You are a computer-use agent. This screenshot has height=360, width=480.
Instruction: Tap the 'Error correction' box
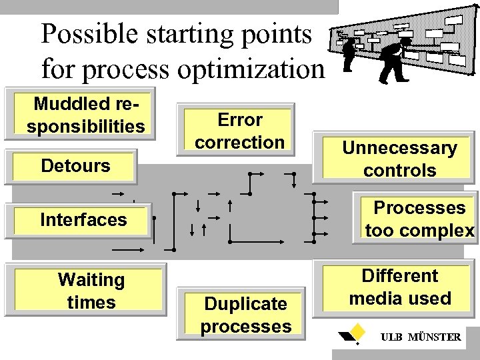coord(239,131)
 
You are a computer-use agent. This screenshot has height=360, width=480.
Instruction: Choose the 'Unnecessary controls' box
coord(399,159)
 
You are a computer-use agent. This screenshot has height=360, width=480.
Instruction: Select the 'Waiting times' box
coord(91,291)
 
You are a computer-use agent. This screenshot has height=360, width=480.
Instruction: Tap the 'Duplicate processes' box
coord(246,315)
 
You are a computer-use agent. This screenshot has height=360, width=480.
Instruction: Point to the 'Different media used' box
coord(400,287)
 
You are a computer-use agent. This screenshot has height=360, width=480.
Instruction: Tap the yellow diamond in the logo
coord(358,331)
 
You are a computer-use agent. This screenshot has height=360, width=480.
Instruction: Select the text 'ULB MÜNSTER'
coord(420,337)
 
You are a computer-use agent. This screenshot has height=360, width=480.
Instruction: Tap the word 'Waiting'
coord(91,280)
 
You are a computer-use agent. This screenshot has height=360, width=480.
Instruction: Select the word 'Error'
coord(239,120)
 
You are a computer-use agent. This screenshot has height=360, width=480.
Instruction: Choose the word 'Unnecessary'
coord(399,148)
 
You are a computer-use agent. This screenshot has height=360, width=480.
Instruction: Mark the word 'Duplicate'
coord(246,304)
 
